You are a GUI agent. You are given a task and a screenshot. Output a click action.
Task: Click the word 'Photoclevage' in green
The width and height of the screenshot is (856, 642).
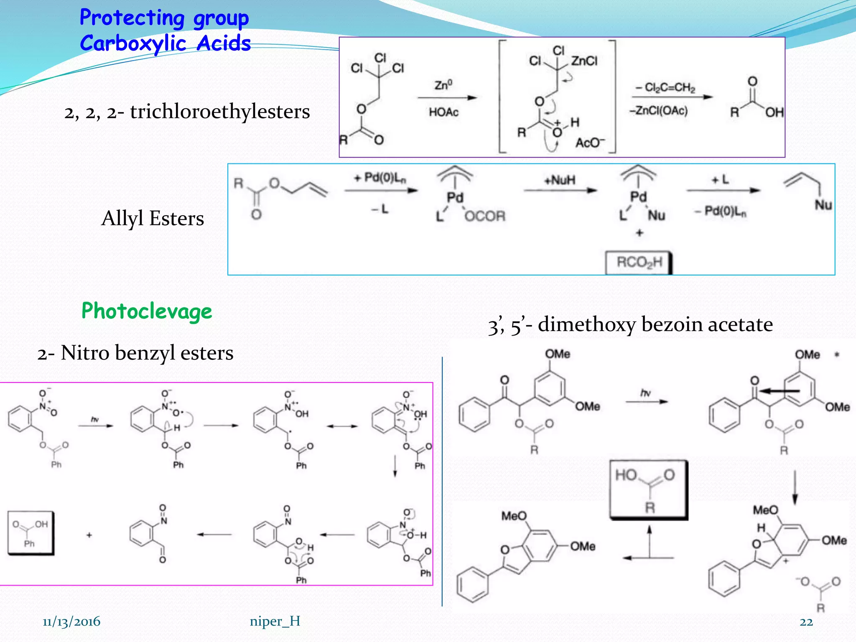[x=147, y=311]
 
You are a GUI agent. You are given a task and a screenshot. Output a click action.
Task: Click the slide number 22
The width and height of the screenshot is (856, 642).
[x=806, y=622]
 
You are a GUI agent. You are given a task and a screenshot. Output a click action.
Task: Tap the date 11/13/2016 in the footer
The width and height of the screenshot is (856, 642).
[x=71, y=622]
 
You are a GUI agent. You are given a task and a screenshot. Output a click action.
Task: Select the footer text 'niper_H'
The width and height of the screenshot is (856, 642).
[x=275, y=621]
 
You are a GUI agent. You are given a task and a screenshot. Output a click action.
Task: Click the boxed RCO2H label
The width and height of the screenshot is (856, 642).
[x=639, y=262]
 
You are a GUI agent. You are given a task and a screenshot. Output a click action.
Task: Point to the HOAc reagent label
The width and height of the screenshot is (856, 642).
[x=443, y=112]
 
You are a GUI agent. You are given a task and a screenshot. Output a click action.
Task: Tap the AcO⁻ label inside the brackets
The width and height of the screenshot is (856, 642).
[x=590, y=143]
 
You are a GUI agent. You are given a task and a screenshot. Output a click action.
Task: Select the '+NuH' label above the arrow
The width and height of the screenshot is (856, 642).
[x=560, y=180]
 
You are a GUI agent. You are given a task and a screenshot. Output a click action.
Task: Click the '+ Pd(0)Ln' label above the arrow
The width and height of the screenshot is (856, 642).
[x=380, y=178]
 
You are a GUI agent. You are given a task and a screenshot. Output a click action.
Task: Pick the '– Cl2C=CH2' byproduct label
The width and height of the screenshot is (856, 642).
[x=665, y=87]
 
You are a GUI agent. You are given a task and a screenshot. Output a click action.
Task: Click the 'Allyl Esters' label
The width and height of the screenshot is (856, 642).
[x=153, y=218]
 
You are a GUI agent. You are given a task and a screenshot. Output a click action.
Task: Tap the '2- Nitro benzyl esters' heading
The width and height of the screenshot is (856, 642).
[x=135, y=353]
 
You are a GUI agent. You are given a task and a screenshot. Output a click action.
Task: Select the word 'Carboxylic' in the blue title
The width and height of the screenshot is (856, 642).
[x=133, y=43]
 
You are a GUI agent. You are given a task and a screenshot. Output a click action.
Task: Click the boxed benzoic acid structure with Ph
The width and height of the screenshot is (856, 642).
[x=31, y=533]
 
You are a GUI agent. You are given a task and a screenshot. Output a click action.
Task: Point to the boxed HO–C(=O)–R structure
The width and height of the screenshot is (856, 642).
[x=649, y=489]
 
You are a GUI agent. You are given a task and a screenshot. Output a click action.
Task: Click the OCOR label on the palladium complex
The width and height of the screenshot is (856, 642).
[x=485, y=216]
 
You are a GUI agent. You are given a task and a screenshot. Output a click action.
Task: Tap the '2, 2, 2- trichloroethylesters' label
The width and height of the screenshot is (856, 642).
[x=187, y=112]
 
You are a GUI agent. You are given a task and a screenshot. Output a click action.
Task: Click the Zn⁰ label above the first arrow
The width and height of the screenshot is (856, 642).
[x=443, y=85]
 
